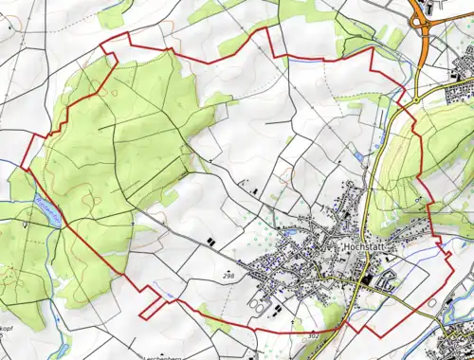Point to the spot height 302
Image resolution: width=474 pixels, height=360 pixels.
tap(315, 335)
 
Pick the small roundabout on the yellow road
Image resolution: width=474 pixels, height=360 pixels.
tap(414, 99)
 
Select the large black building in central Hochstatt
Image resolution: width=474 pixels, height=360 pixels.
tap(365, 279)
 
